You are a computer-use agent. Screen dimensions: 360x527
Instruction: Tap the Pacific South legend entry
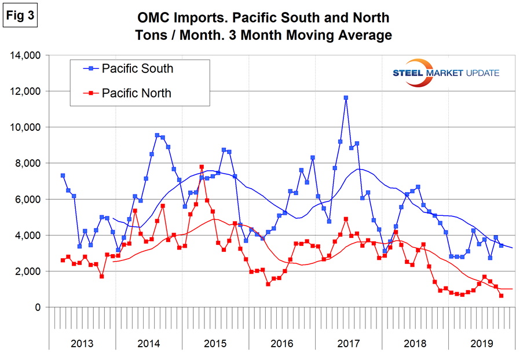tap(137, 68)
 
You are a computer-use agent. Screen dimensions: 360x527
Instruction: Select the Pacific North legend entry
tap(136, 92)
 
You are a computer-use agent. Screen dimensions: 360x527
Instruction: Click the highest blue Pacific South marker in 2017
tap(346, 98)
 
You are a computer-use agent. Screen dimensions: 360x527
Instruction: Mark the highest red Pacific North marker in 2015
tap(202, 167)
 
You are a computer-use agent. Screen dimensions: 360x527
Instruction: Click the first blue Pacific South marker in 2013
tap(63, 175)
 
